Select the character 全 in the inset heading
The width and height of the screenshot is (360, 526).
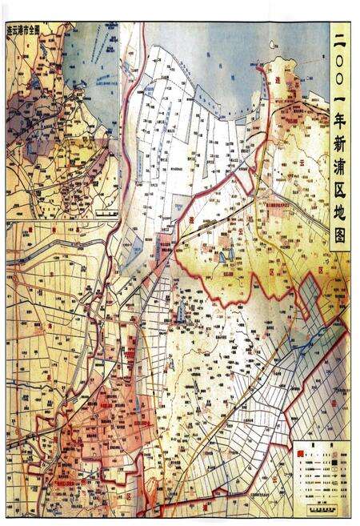click(x=38, y=29)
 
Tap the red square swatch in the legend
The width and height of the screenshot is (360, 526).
click(x=299, y=453)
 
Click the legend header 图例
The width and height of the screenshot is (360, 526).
click(x=320, y=446)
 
